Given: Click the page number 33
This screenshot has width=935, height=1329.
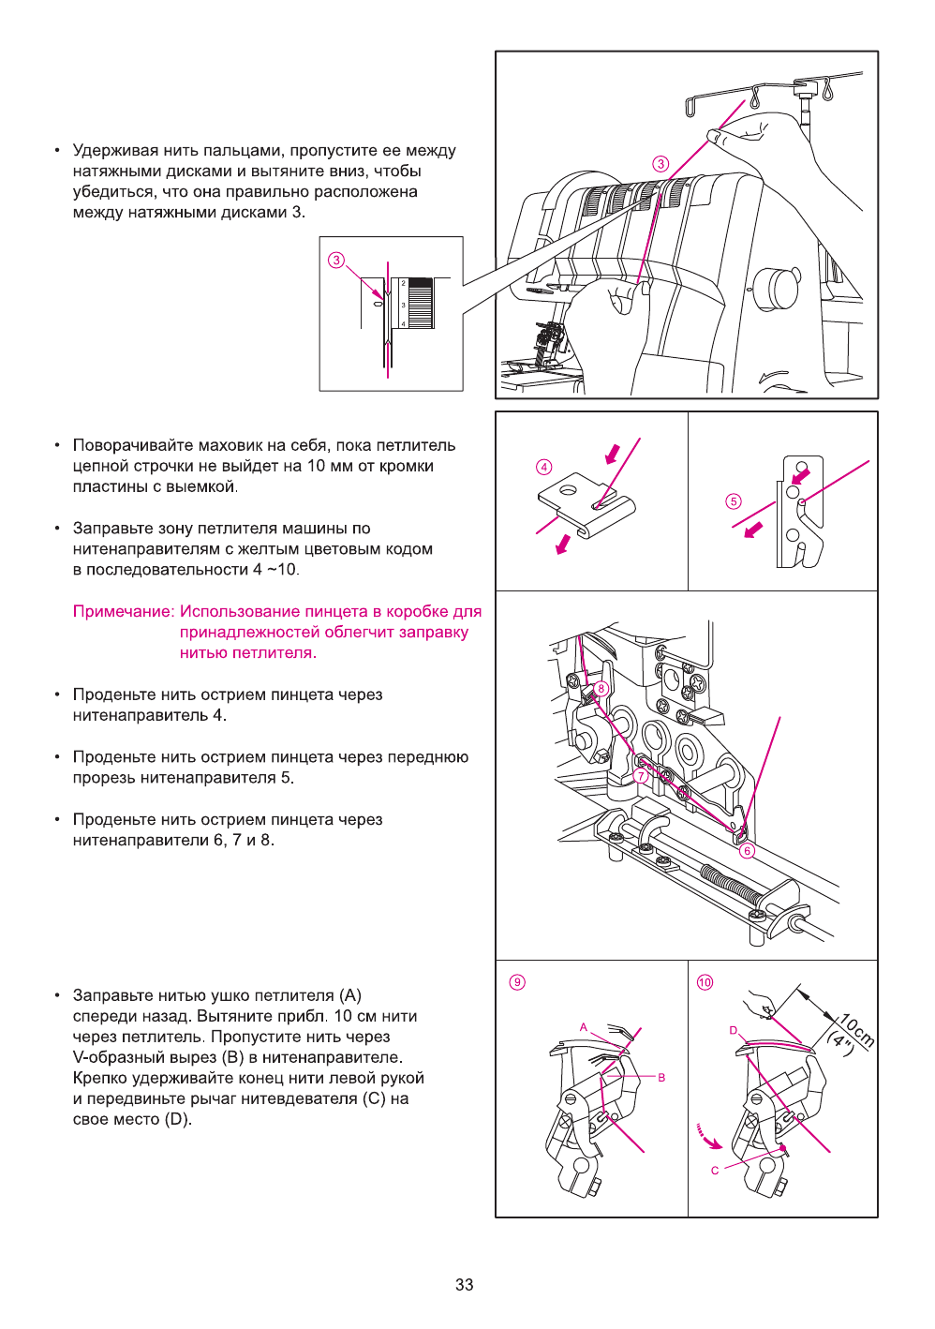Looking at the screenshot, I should (x=465, y=1284).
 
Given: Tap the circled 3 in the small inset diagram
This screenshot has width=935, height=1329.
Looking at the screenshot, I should (x=336, y=260).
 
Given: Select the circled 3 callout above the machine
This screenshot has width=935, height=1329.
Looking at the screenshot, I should (x=660, y=164).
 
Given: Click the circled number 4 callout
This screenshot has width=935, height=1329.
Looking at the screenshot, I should (x=544, y=467).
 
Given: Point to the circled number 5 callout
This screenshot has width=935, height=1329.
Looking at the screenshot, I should (x=734, y=501).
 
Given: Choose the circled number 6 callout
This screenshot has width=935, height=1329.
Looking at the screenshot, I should (x=747, y=851).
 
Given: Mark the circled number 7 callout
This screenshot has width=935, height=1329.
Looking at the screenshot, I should (x=641, y=775).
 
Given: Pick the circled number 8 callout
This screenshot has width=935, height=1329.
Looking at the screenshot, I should (x=601, y=689).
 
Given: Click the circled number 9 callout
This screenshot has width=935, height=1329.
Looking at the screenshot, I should (x=517, y=982).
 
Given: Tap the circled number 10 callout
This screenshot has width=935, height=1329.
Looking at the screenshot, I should (x=705, y=982).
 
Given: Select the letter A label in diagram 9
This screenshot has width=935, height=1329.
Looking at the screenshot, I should (x=584, y=1027).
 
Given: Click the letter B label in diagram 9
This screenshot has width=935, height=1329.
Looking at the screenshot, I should (x=661, y=1078).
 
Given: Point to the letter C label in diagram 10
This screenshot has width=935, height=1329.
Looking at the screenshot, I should (x=715, y=1171).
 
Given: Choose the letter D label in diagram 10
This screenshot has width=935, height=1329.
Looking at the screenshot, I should (x=734, y=1030).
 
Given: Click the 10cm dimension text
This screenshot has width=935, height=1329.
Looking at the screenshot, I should (x=856, y=1030).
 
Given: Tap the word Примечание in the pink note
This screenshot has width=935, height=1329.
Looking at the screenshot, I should (x=123, y=612).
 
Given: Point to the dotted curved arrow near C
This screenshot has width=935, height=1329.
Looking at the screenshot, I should (x=708, y=1136).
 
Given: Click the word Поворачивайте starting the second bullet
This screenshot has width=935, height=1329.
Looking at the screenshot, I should (x=132, y=445).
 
